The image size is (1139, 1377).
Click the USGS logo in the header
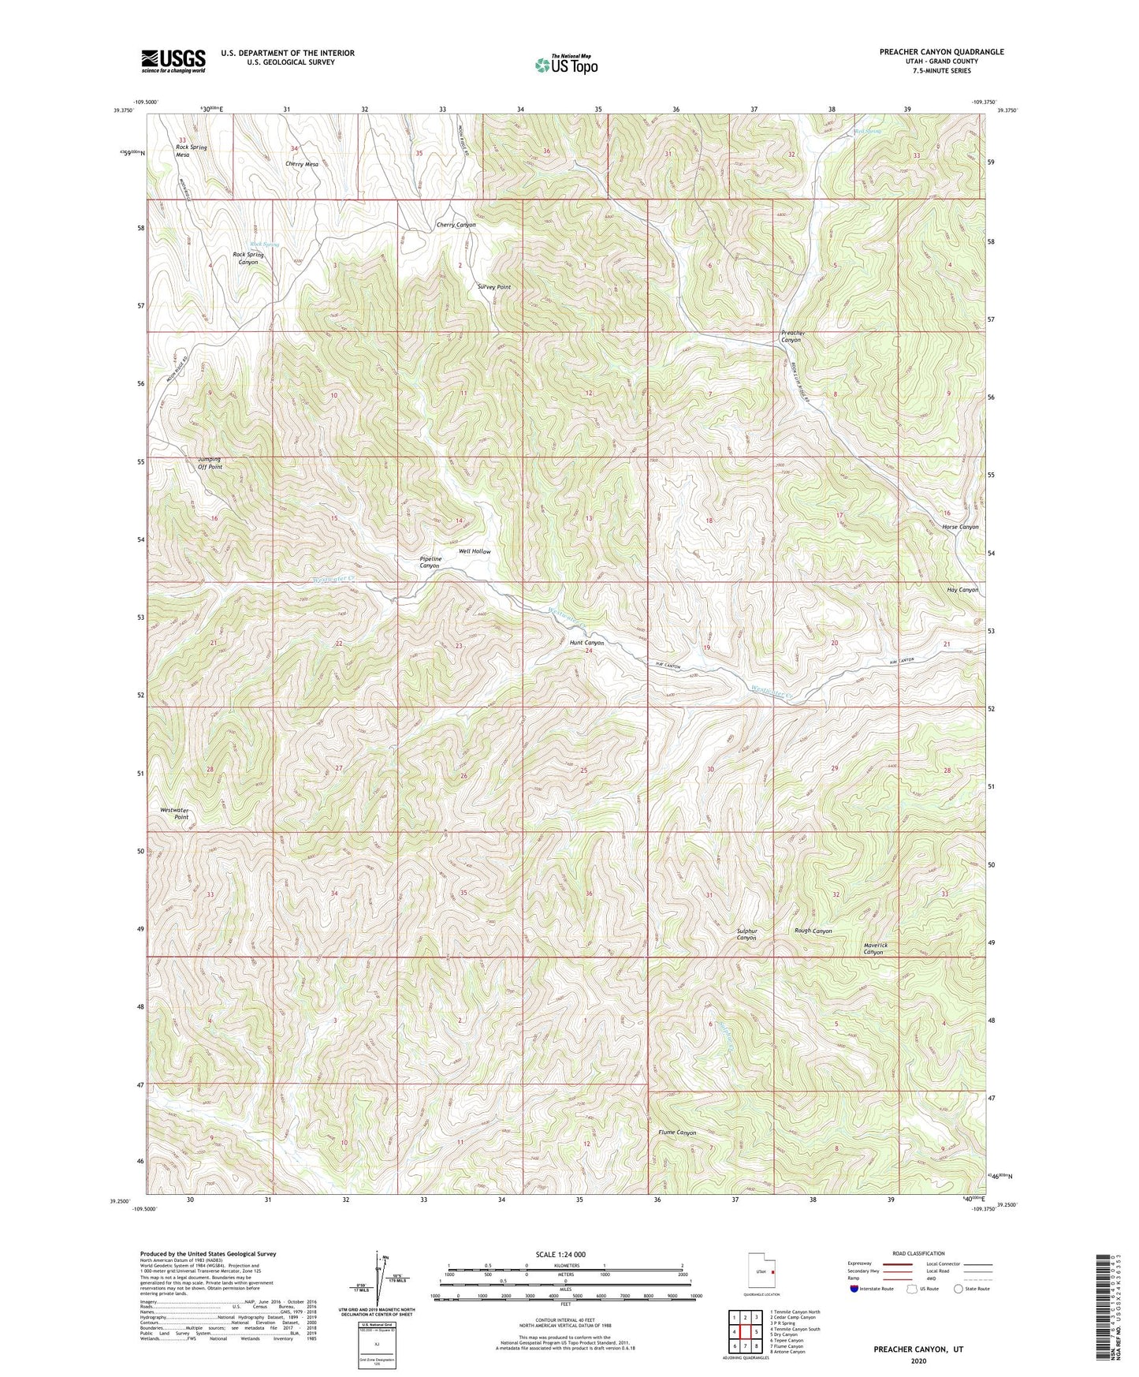173,61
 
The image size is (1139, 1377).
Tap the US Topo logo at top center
565,65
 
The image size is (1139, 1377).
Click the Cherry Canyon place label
456,225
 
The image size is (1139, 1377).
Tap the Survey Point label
493,287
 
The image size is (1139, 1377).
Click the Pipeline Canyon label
430,562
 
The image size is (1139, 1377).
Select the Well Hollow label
475,551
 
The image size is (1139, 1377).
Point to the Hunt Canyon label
586,643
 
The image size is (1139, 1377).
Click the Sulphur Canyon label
746,934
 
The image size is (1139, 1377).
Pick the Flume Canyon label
677,1133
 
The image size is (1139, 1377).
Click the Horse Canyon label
959,527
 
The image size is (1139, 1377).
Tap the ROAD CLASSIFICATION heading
918,1253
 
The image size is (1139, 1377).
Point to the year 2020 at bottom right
918,1360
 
